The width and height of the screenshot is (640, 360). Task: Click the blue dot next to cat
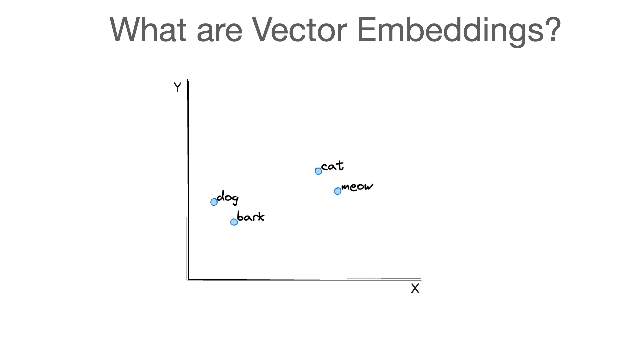pos(318,171)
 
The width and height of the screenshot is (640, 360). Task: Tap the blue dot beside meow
pos(337,191)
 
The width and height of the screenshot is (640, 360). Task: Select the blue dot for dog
pos(214,202)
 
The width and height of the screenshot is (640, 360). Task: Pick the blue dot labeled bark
pos(234,222)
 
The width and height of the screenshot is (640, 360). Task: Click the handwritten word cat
pos(332,166)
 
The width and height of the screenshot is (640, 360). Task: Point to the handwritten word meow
pos(357,187)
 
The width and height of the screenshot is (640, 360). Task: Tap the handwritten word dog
pos(228,197)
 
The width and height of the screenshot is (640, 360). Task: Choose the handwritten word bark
pos(251,217)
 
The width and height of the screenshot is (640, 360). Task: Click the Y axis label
pos(177,87)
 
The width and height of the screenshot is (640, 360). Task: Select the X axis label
pos(415,288)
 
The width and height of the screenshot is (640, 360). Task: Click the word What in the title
pos(148,30)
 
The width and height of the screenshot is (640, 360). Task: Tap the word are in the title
pos(219,33)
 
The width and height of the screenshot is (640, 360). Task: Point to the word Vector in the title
pos(299,30)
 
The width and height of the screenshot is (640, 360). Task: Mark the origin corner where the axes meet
pos(188,279)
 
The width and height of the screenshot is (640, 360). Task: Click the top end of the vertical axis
pos(188,81)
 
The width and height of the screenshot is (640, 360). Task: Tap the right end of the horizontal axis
pos(421,279)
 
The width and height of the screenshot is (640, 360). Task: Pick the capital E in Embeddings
pos(367,30)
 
